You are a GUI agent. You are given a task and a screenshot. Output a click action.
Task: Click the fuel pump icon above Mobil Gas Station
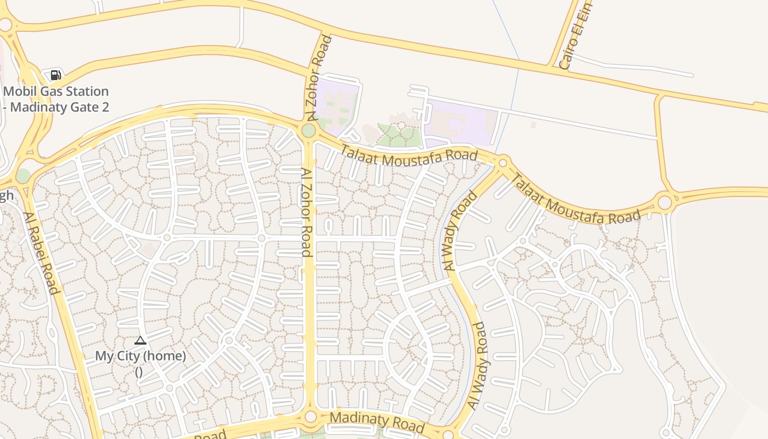pyautogui.click(x=55, y=75)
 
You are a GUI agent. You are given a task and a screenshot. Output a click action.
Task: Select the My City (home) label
pyautogui.click(x=140, y=356)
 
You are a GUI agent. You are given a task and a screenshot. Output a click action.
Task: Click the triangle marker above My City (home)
pyautogui.click(x=140, y=341)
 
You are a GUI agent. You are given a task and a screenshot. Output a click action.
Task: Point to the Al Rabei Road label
pyautogui.click(x=41, y=252)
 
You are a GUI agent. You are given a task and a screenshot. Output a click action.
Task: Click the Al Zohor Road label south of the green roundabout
pyautogui.click(x=306, y=212)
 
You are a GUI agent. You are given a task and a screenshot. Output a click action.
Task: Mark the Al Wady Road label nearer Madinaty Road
pyautogui.click(x=477, y=365)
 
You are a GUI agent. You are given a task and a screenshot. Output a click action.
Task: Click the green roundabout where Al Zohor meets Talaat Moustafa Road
pyautogui.click(x=308, y=131)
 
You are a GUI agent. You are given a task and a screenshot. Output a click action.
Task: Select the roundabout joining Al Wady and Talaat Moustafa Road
pyautogui.click(x=502, y=162)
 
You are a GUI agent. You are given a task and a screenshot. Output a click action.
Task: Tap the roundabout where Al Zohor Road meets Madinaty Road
pyautogui.click(x=310, y=417)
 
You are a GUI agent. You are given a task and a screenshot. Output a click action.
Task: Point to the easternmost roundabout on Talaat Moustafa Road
pyautogui.click(x=664, y=202)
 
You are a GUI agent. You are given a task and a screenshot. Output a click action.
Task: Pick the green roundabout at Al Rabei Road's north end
pyautogui.click(x=23, y=176)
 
